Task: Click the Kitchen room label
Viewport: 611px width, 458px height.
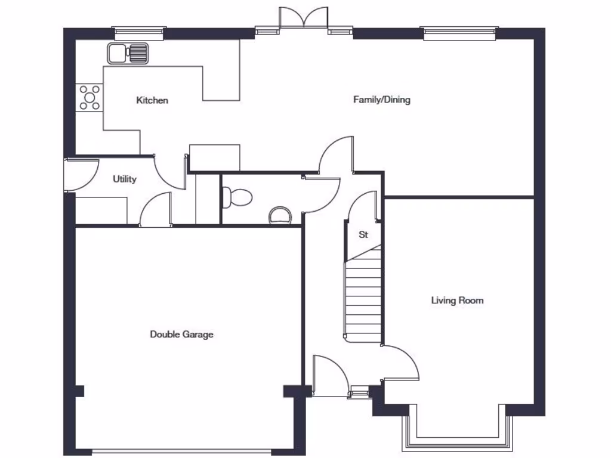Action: [152, 100]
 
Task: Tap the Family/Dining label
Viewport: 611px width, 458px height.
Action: [382, 100]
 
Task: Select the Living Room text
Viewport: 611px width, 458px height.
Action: [457, 301]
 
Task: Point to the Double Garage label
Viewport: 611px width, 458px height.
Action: [181, 335]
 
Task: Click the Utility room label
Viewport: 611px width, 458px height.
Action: [125, 179]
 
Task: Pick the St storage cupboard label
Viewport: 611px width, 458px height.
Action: [363, 235]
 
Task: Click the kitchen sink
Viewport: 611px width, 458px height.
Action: [128, 53]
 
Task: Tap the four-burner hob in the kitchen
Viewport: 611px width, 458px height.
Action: [90, 97]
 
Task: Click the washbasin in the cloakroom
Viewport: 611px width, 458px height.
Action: [279, 215]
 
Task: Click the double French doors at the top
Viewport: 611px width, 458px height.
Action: [304, 18]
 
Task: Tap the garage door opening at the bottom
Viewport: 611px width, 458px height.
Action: [181, 451]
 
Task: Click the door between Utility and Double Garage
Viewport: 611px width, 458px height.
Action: [155, 210]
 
